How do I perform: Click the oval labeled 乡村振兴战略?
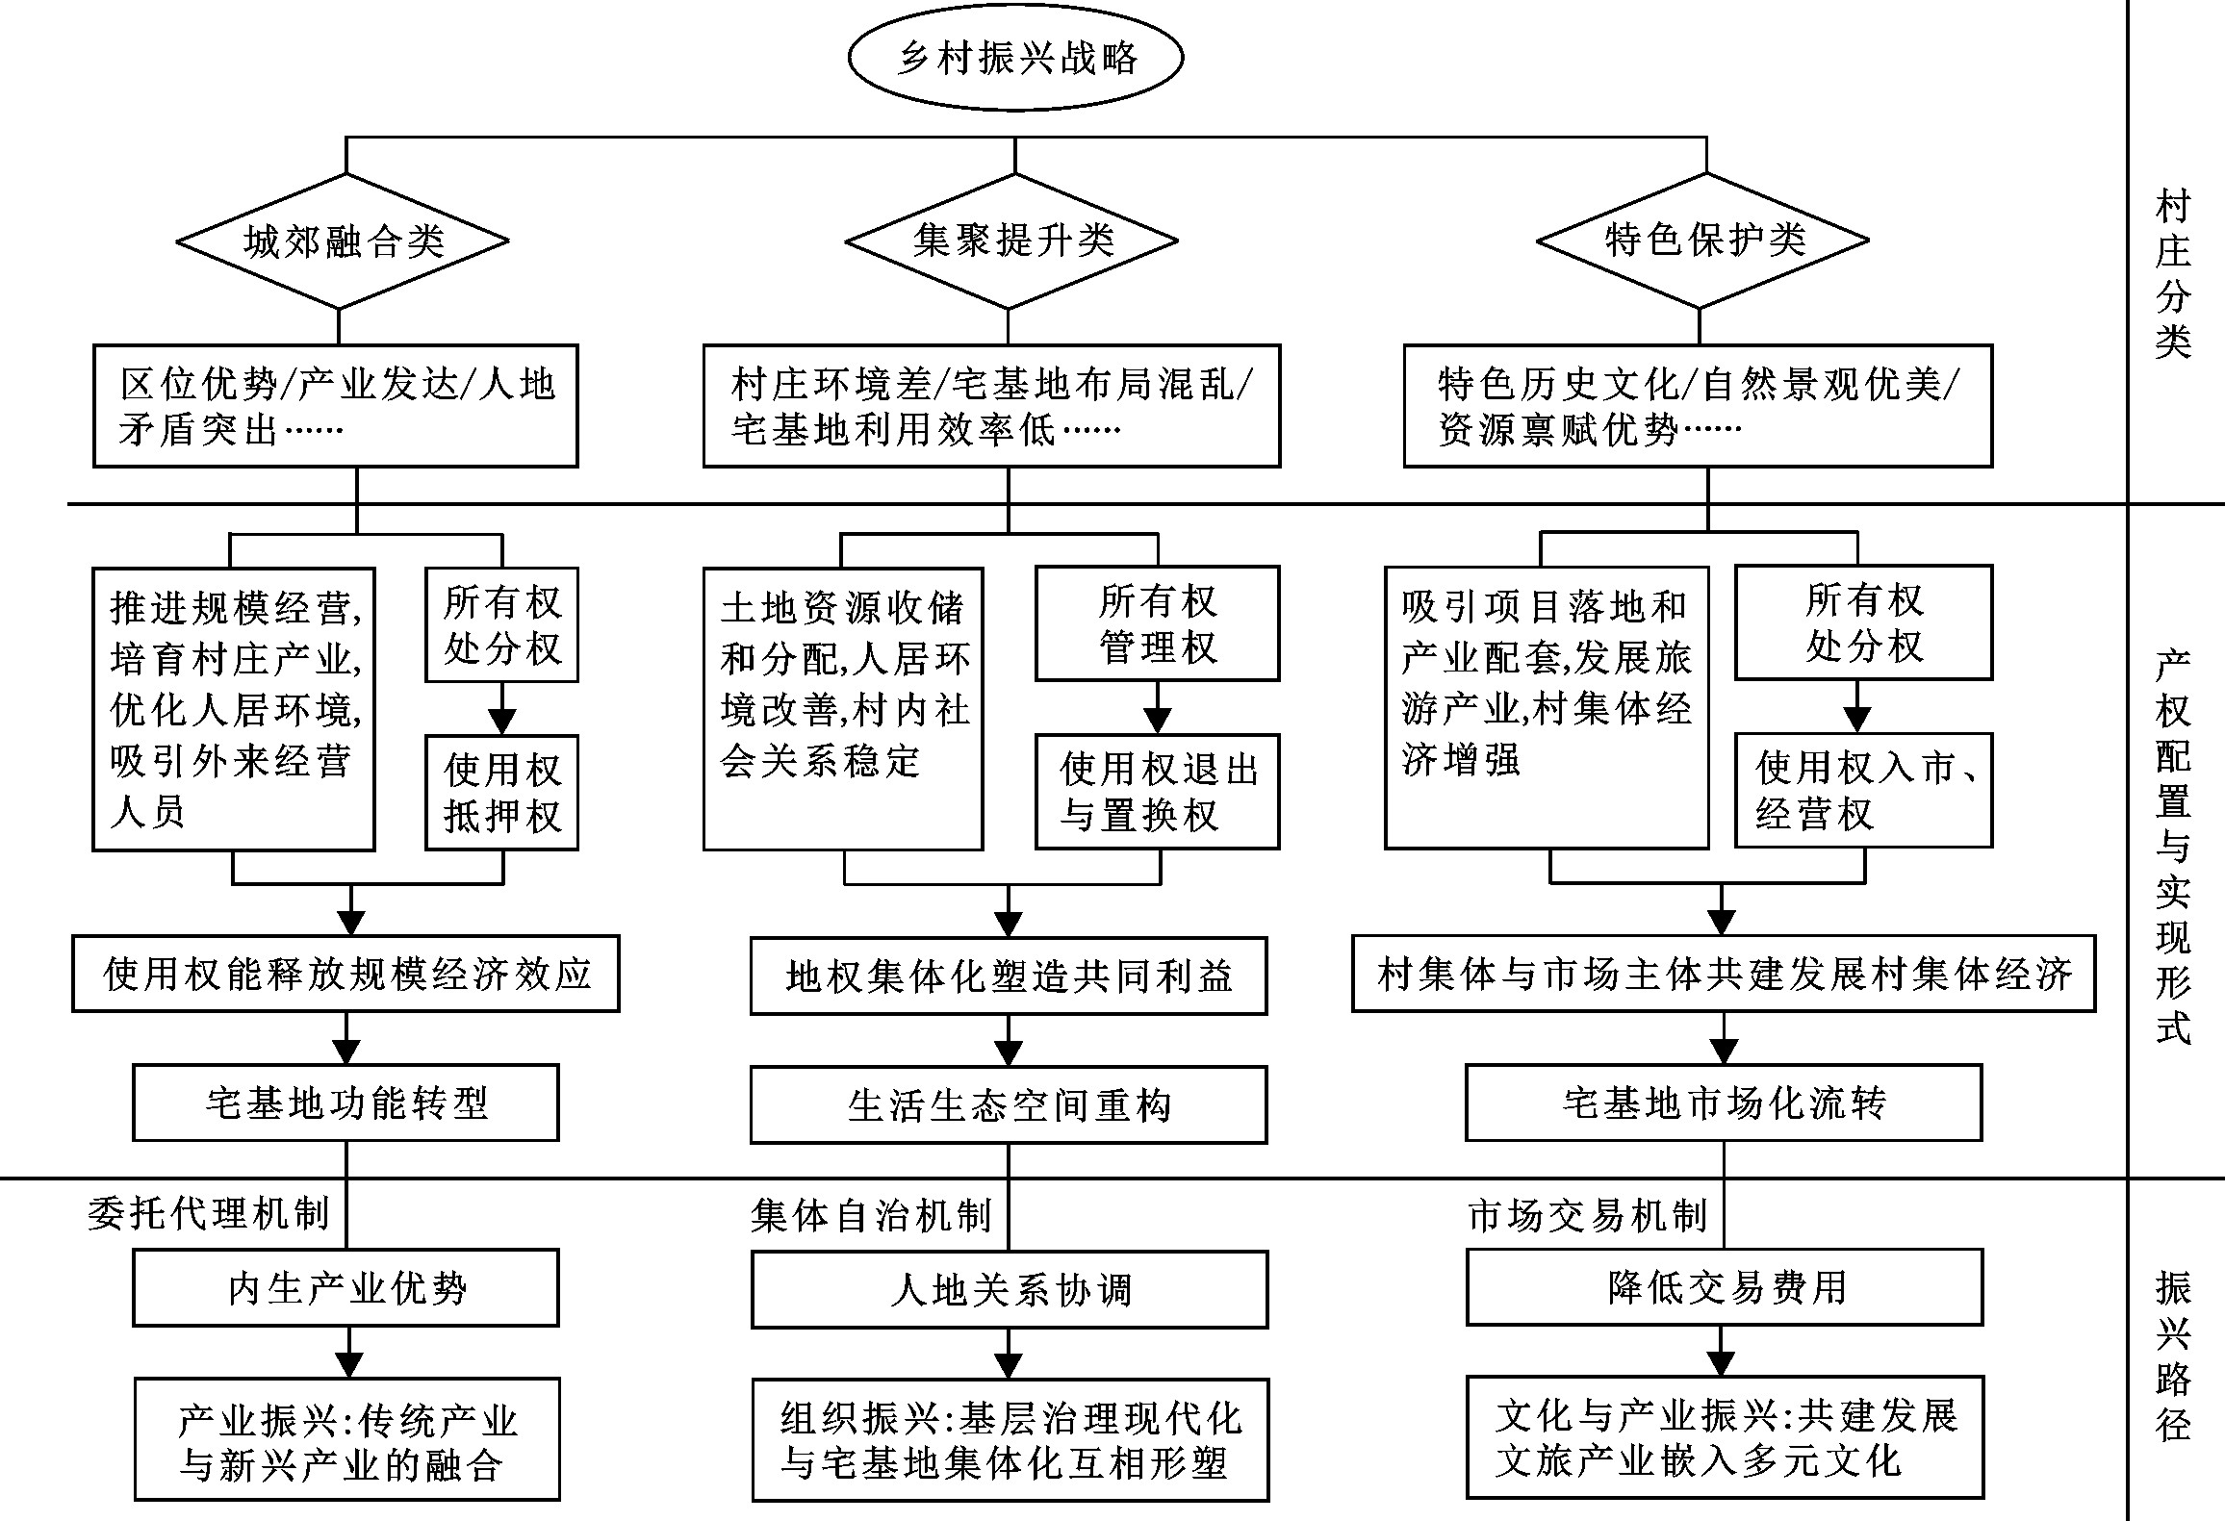tap(1015, 58)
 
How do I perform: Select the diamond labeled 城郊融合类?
tap(343, 241)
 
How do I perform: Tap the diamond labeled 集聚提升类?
tap(1011, 241)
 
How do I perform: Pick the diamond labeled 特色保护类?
tap(1702, 241)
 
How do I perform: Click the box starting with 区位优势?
tap(336, 406)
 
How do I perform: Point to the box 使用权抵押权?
tap(502, 793)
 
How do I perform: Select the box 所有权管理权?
tap(1158, 623)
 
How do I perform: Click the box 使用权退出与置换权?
tap(1158, 792)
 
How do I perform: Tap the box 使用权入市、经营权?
tap(1863, 790)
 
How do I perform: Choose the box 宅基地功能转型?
tap(345, 1103)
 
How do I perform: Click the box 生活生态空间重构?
tap(1009, 1104)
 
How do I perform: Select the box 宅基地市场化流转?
tap(1724, 1103)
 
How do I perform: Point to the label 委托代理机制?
tap(209, 1214)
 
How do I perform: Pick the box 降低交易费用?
tap(1725, 1287)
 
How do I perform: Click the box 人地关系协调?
tap(1010, 1289)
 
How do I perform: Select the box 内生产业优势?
tap(345, 1288)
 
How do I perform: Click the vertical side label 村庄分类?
tap(2172, 274)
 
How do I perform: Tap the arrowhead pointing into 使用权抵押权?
tap(502, 722)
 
